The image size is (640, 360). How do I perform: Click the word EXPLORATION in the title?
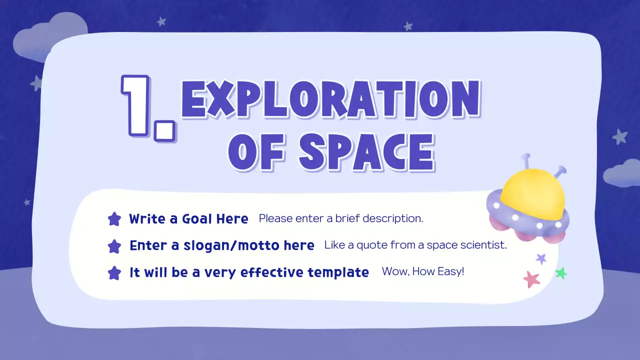pos(330,100)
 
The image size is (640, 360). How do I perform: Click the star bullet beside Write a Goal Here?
pos(114,219)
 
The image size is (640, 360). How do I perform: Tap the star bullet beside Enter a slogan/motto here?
pos(114,246)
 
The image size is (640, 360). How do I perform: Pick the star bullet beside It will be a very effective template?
pos(114,273)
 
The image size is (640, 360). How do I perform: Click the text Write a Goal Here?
pos(188,219)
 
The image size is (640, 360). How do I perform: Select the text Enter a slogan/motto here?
pos(221,245)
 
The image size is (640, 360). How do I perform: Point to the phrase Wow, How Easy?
pos(423,272)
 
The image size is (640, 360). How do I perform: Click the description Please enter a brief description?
pos(341,218)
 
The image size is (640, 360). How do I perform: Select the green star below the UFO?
pos(561,273)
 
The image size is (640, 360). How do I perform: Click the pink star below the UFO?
pos(531,279)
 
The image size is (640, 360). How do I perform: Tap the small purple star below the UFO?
pos(541,258)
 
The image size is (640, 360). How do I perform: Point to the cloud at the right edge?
pos(622,173)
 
